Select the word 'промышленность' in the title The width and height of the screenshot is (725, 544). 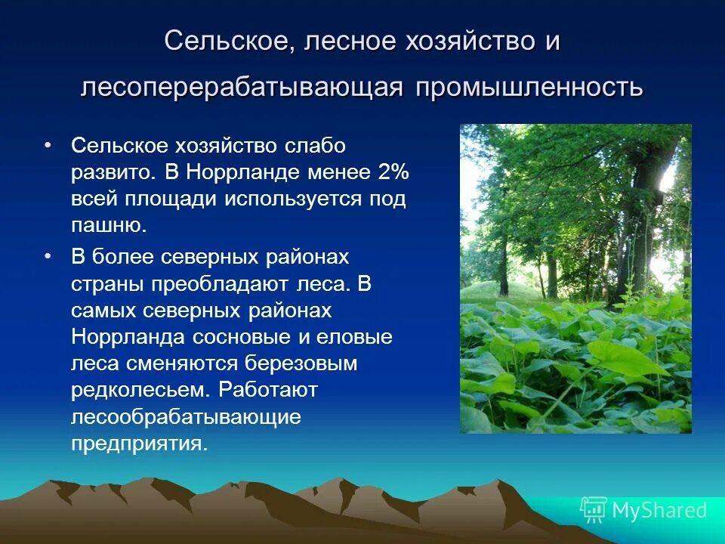pos(527,86)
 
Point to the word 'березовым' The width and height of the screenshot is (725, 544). pos(300,363)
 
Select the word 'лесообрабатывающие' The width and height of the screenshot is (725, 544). pos(187,416)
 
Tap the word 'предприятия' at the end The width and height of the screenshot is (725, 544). pos(138,443)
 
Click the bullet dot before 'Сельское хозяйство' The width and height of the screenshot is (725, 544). pos(48,144)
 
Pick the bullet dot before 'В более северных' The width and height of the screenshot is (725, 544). pos(48,257)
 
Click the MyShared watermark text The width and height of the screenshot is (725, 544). pos(659,510)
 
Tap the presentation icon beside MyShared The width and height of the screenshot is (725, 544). pos(594,510)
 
